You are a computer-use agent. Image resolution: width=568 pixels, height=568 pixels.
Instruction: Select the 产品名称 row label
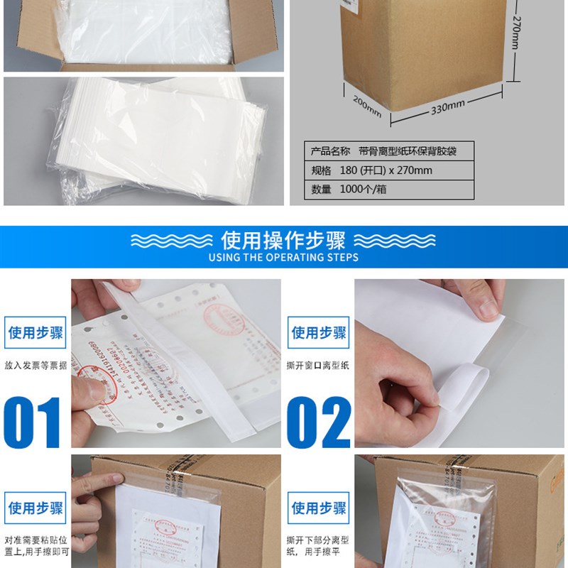[330, 151]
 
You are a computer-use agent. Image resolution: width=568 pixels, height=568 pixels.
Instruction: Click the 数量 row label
[322, 190]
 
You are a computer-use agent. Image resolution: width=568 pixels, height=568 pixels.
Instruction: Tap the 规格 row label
[322, 170]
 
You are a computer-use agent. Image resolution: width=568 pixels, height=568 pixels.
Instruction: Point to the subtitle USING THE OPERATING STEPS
[283, 257]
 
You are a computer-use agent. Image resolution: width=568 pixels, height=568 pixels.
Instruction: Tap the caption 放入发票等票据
[35, 366]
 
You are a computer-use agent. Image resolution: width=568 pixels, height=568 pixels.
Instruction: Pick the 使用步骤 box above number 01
[35, 332]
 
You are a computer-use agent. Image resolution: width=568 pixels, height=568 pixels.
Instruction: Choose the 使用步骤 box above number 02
[319, 332]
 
